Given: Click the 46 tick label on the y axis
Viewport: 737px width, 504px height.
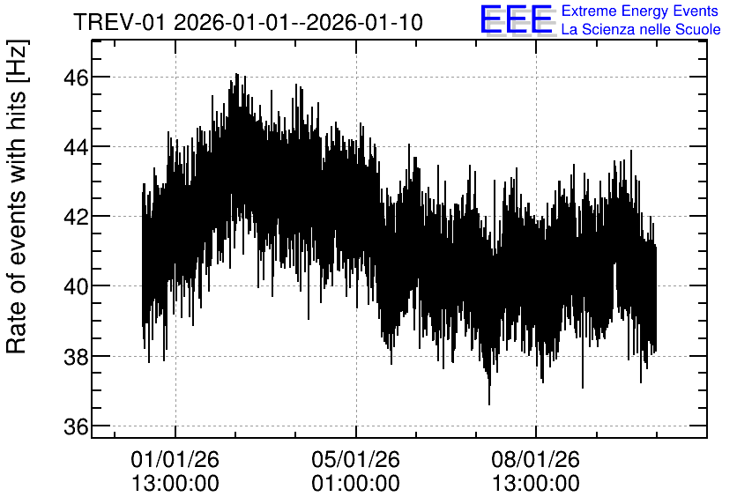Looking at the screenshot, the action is [76, 78].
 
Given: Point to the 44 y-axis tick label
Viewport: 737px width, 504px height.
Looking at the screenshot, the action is [76, 147].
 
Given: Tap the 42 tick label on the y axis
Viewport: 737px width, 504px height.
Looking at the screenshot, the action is [76, 218].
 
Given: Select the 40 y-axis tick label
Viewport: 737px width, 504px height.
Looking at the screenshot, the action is [76, 287].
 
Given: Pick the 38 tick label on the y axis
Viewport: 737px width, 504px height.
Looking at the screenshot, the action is [76, 357].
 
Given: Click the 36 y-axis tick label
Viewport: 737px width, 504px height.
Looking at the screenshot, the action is [76, 427].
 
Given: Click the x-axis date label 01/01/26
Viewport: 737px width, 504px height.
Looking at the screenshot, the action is [175, 459].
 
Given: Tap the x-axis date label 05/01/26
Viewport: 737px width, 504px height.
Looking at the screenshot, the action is [355, 459].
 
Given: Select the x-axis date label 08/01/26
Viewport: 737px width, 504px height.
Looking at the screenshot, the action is [536, 459].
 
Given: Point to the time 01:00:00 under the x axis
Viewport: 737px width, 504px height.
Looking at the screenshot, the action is [355, 484].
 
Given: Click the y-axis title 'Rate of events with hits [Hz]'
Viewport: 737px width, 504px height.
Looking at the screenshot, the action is [17, 196].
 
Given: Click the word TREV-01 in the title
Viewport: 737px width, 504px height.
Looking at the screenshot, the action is [120, 22].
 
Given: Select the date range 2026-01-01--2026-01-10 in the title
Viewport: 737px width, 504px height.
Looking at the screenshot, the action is [299, 22].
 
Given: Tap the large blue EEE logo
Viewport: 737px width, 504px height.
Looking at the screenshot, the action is [517, 19].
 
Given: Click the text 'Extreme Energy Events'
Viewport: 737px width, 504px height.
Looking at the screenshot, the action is [640, 11].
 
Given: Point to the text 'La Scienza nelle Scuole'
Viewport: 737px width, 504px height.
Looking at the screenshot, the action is [641, 30].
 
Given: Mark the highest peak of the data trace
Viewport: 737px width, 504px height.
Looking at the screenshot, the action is [236, 74].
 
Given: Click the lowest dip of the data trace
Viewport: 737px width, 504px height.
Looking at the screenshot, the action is [489, 404].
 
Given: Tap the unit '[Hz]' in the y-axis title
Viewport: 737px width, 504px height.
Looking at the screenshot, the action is [18, 61].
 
